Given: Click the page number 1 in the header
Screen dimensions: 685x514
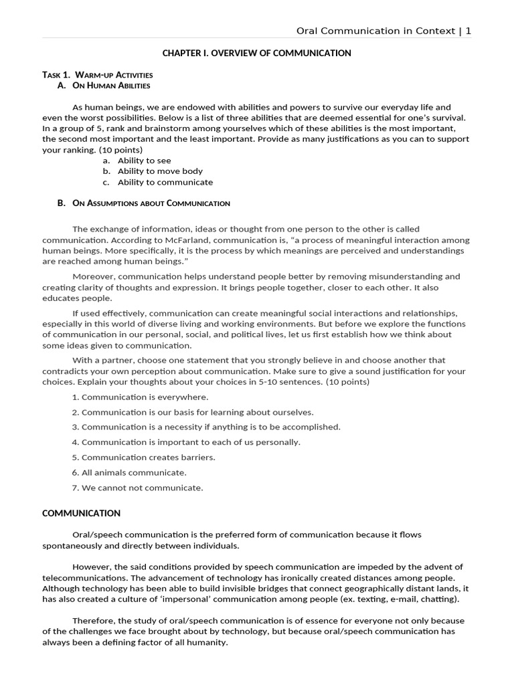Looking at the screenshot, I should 468,31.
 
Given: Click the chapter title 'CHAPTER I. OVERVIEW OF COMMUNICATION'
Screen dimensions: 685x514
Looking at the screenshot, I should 257,53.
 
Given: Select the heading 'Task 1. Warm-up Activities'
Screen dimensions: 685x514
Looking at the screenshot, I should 98,74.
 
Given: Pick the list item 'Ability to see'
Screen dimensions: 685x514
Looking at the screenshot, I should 144,161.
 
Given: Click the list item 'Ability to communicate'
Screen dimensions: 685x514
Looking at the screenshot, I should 165,182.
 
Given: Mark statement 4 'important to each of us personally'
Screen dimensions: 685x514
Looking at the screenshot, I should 191,442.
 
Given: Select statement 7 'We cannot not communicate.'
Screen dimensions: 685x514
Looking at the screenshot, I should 142,488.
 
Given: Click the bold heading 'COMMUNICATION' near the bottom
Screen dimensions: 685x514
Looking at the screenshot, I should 82,513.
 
